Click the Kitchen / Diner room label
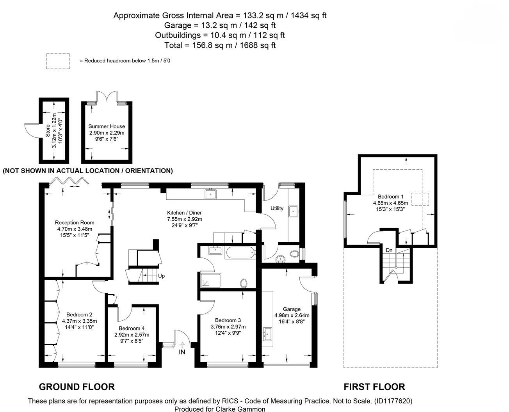[184, 213]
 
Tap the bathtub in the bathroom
[240, 253]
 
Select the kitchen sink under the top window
[210, 194]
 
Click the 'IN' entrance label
[182, 352]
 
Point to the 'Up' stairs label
[161, 276]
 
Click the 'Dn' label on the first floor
[389, 250]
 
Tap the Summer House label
[107, 126]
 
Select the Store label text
[48, 131]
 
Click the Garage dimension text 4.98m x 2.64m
[292, 315]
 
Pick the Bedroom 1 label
[390, 197]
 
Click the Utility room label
[277, 208]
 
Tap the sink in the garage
[268, 334]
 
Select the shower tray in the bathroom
[211, 281]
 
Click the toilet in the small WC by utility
[294, 254]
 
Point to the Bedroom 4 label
[132, 329]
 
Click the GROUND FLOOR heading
[77, 387]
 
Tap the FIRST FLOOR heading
[374, 387]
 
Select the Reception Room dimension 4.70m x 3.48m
[75, 229]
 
